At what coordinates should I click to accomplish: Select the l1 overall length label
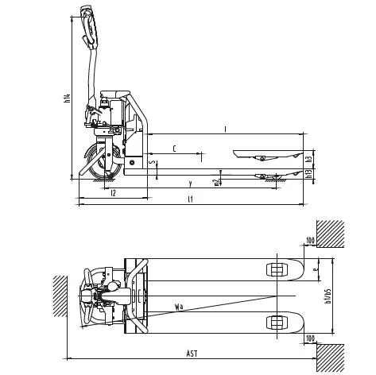click(x=189, y=199)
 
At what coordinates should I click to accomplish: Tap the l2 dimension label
click(x=114, y=192)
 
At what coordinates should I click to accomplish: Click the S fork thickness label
click(x=153, y=164)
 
